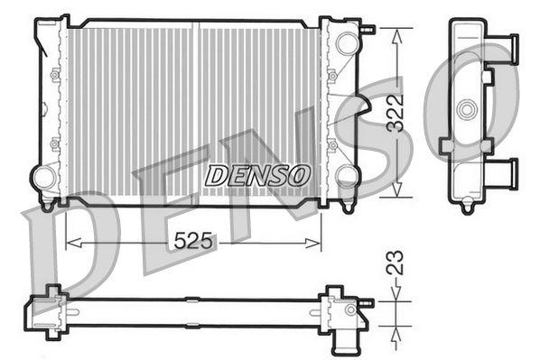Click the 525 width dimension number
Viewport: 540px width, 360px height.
tap(193, 241)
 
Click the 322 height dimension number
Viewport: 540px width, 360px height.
tap(395, 114)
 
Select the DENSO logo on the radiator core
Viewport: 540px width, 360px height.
tap(256, 174)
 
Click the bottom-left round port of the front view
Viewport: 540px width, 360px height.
tap(42, 176)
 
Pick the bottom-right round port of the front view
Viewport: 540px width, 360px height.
tap(347, 174)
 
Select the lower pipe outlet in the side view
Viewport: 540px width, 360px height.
tap(507, 171)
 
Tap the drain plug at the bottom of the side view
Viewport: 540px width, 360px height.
tap(467, 208)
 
